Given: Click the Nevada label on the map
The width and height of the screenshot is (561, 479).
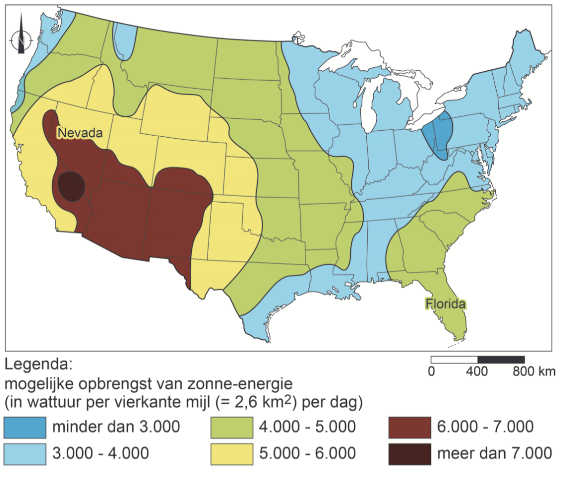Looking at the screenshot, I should [80, 133].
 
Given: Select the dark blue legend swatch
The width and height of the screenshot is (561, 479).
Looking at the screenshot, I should [24, 427].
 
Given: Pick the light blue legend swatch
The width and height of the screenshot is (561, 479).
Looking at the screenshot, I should [24, 453].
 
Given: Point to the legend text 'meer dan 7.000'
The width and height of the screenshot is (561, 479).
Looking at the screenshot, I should [494, 454].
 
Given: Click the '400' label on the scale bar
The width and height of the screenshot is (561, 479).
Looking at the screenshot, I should [477, 371].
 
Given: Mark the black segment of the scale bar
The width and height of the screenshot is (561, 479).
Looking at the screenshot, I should [501, 360].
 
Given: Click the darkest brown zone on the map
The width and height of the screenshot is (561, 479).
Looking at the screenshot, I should [71, 186].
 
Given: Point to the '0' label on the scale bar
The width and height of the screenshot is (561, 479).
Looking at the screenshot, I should [431, 371].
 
